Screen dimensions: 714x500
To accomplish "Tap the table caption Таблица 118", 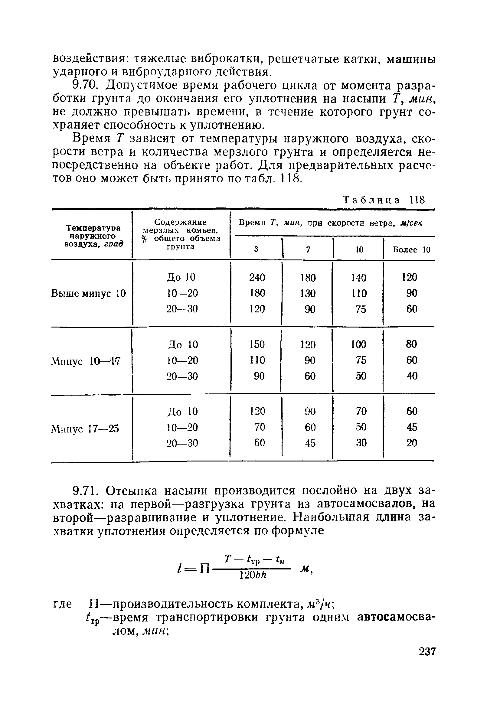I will (383, 200).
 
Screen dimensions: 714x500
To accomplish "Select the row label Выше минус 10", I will (89, 293).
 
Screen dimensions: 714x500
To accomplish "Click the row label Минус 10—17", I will (86, 361).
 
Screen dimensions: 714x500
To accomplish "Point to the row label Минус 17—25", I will (85, 429).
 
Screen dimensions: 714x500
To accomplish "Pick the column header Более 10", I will (411, 249).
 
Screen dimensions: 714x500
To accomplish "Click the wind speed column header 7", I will (308, 249).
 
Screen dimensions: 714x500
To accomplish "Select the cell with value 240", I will (257, 277).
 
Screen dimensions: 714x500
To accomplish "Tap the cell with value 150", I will (257, 344).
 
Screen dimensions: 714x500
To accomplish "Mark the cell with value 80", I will (411, 344).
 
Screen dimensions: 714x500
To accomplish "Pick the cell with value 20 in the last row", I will (412, 442).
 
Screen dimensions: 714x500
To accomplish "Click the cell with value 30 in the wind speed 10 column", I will (361, 442).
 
